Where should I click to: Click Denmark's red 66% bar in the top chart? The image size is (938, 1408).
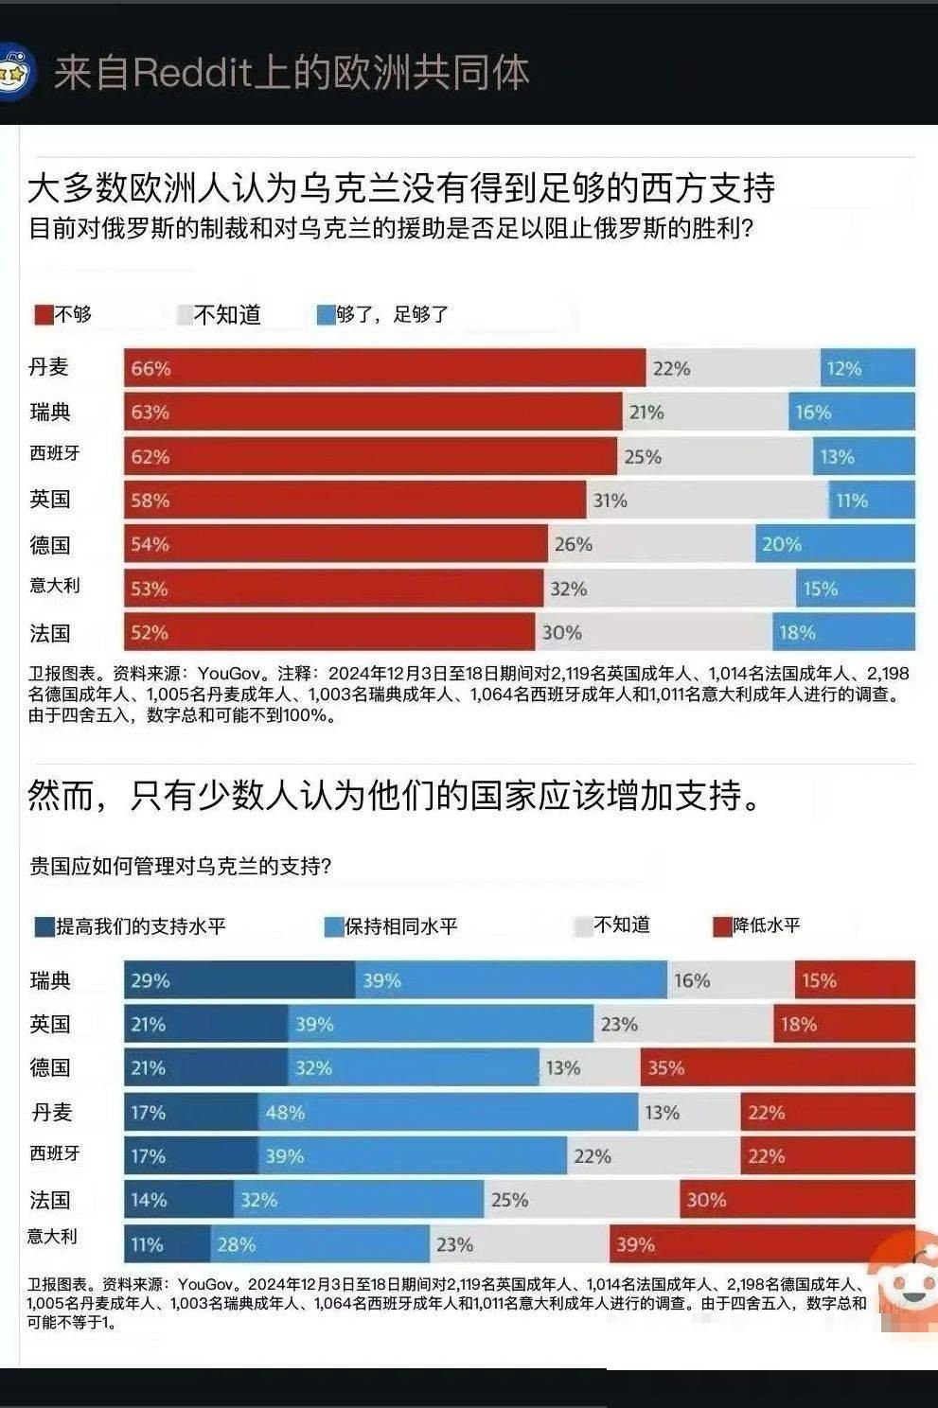[x=384, y=368]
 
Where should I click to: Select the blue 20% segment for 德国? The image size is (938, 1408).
[x=835, y=544]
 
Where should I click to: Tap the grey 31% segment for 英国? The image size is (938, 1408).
[x=706, y=500]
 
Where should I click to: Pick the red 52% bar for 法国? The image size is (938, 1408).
[x=329, y=632]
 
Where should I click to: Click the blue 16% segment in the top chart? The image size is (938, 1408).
[x=851, y=413]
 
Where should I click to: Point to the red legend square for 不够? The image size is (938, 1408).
[x=44, y=315]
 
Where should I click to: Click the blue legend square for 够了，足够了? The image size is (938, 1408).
[x=326, y=315]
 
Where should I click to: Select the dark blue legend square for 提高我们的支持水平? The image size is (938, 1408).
[x=44, y=926]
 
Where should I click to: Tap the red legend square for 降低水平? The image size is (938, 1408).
[x=722, y=926]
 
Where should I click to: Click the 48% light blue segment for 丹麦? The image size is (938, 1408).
[x=448, y=1112]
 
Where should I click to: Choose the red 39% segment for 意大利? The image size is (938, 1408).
[x=762, y=1243]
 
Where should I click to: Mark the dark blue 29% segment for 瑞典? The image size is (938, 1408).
[x=239, y=980]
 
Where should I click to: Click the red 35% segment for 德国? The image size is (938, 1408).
[x=777, y=1067]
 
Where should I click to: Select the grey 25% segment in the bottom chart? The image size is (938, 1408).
[x=581, y=1200]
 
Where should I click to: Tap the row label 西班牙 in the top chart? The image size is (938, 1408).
[x=55, y=453]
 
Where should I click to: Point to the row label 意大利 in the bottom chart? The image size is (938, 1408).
[x=52, y=1236]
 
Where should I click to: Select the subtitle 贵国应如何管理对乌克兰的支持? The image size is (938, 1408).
[x=180, y=866]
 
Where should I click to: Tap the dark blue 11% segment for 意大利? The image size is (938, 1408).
[x=168, y=1243]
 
